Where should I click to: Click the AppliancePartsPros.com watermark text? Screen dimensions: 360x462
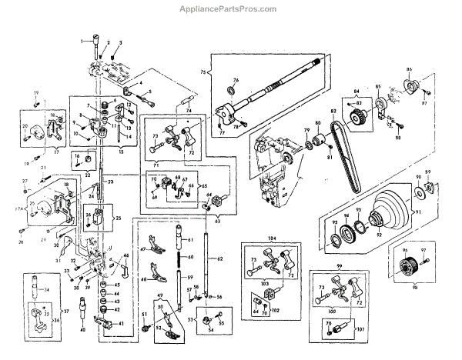click(231, 9)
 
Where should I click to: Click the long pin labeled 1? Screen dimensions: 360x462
click(95, 49)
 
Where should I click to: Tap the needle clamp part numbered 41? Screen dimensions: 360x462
click(100, 326)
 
